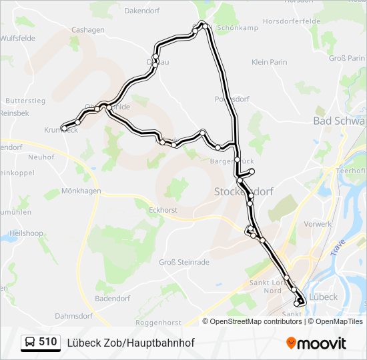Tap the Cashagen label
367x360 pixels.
[88, 30]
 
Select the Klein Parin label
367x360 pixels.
[270, 62]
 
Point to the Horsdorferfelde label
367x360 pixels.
[291, 21]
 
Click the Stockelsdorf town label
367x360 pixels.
[244, 191]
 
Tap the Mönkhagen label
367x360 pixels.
[81, 191]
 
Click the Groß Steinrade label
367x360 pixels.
[184, 262]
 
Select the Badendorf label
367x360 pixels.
[112, 299]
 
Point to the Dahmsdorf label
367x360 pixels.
[74, 315]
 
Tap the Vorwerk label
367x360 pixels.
[318, 224]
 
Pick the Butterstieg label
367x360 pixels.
[25, 101]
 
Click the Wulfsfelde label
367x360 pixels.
[17, 39]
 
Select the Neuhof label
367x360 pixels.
[41, 157]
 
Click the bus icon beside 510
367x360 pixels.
[30, 343]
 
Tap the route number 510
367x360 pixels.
[48, 342]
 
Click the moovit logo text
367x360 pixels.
[322, 343]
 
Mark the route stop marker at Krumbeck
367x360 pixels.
[65, 127]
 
